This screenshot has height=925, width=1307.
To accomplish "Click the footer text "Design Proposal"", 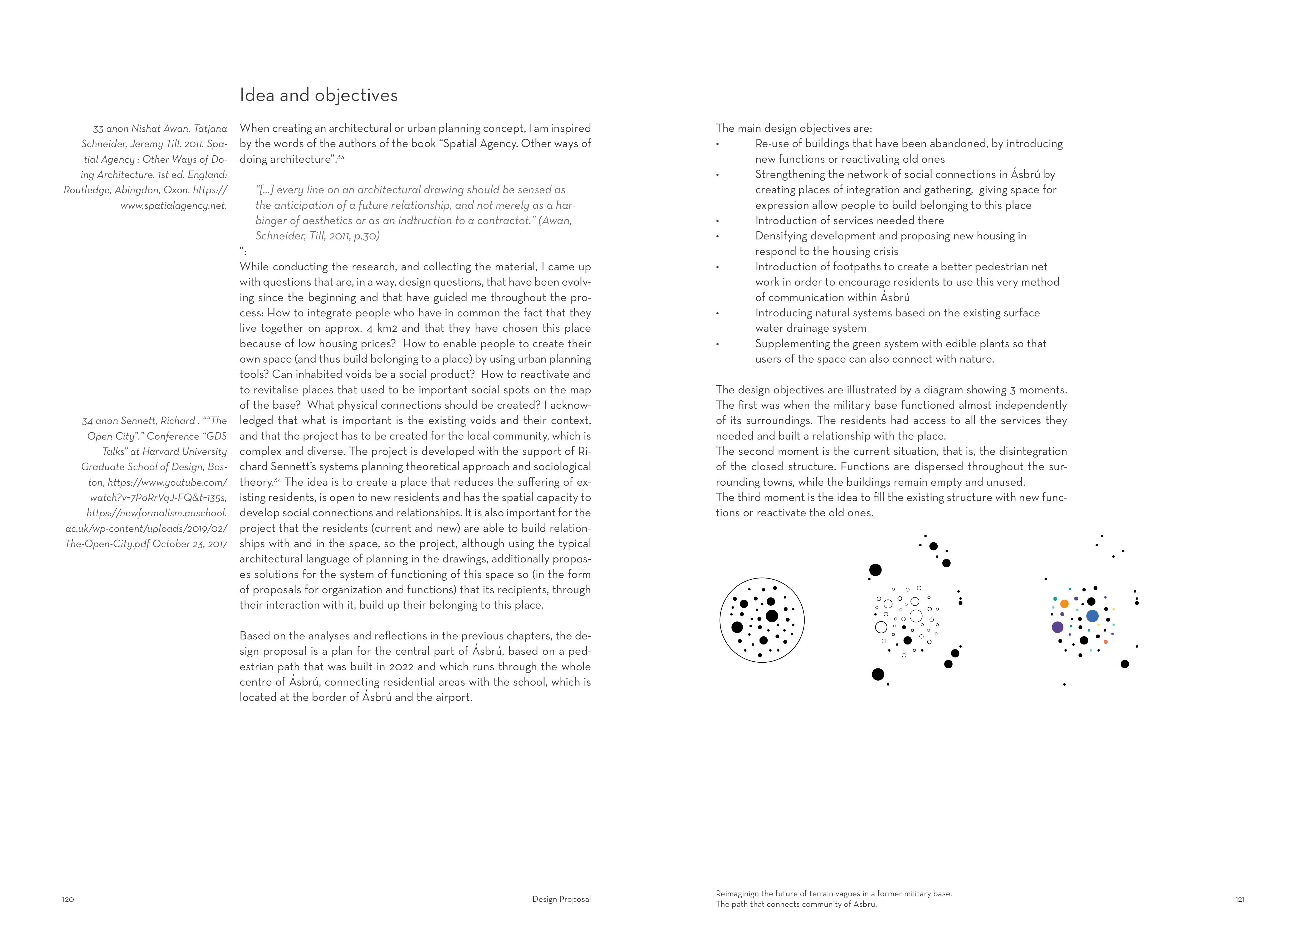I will point(561,899).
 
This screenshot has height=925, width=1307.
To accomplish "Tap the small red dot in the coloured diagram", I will point(1105,642).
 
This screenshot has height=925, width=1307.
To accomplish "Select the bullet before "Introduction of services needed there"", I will point(717,221).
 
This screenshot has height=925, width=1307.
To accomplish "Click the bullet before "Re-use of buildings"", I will point(717,144).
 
